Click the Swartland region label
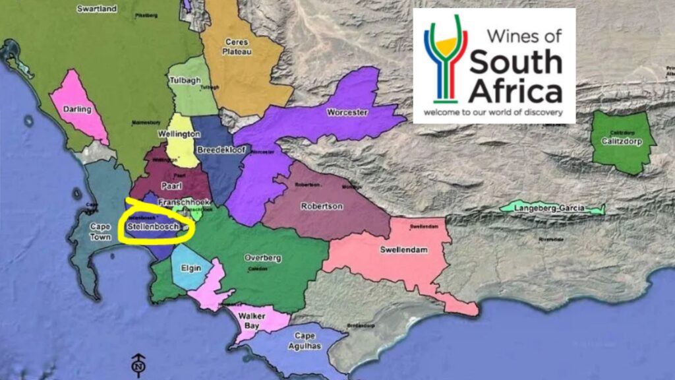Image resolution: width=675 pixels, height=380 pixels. point(97,9)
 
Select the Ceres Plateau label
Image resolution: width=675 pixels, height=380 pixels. point(236,46)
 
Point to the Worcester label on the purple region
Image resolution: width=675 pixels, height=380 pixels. point(347,113)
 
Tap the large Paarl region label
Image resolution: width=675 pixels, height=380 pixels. point(171,185)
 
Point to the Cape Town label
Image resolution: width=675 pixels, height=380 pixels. point(100,231)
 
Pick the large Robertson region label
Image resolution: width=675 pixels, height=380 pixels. point(322,206)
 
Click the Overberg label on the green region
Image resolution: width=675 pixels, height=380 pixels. point(263,257)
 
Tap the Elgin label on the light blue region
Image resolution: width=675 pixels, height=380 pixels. point(191,269)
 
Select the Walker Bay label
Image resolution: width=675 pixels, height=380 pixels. point(252,321)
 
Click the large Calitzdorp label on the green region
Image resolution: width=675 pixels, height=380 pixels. point(621,140)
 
